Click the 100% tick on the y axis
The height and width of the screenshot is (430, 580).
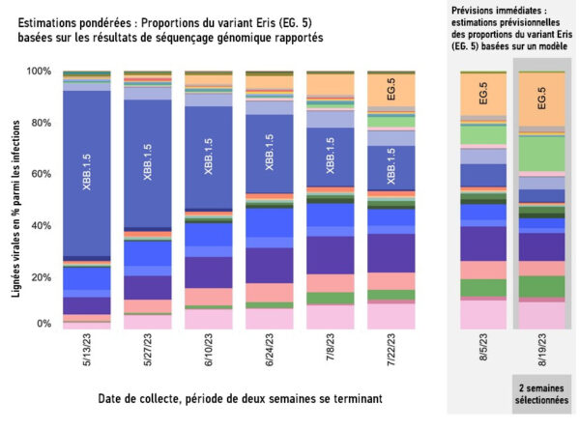39,72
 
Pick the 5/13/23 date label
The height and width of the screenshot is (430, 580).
87,352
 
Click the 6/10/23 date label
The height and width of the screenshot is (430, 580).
209,352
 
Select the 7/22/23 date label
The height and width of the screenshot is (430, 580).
391,352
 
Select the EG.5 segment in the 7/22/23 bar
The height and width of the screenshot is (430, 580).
391,91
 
